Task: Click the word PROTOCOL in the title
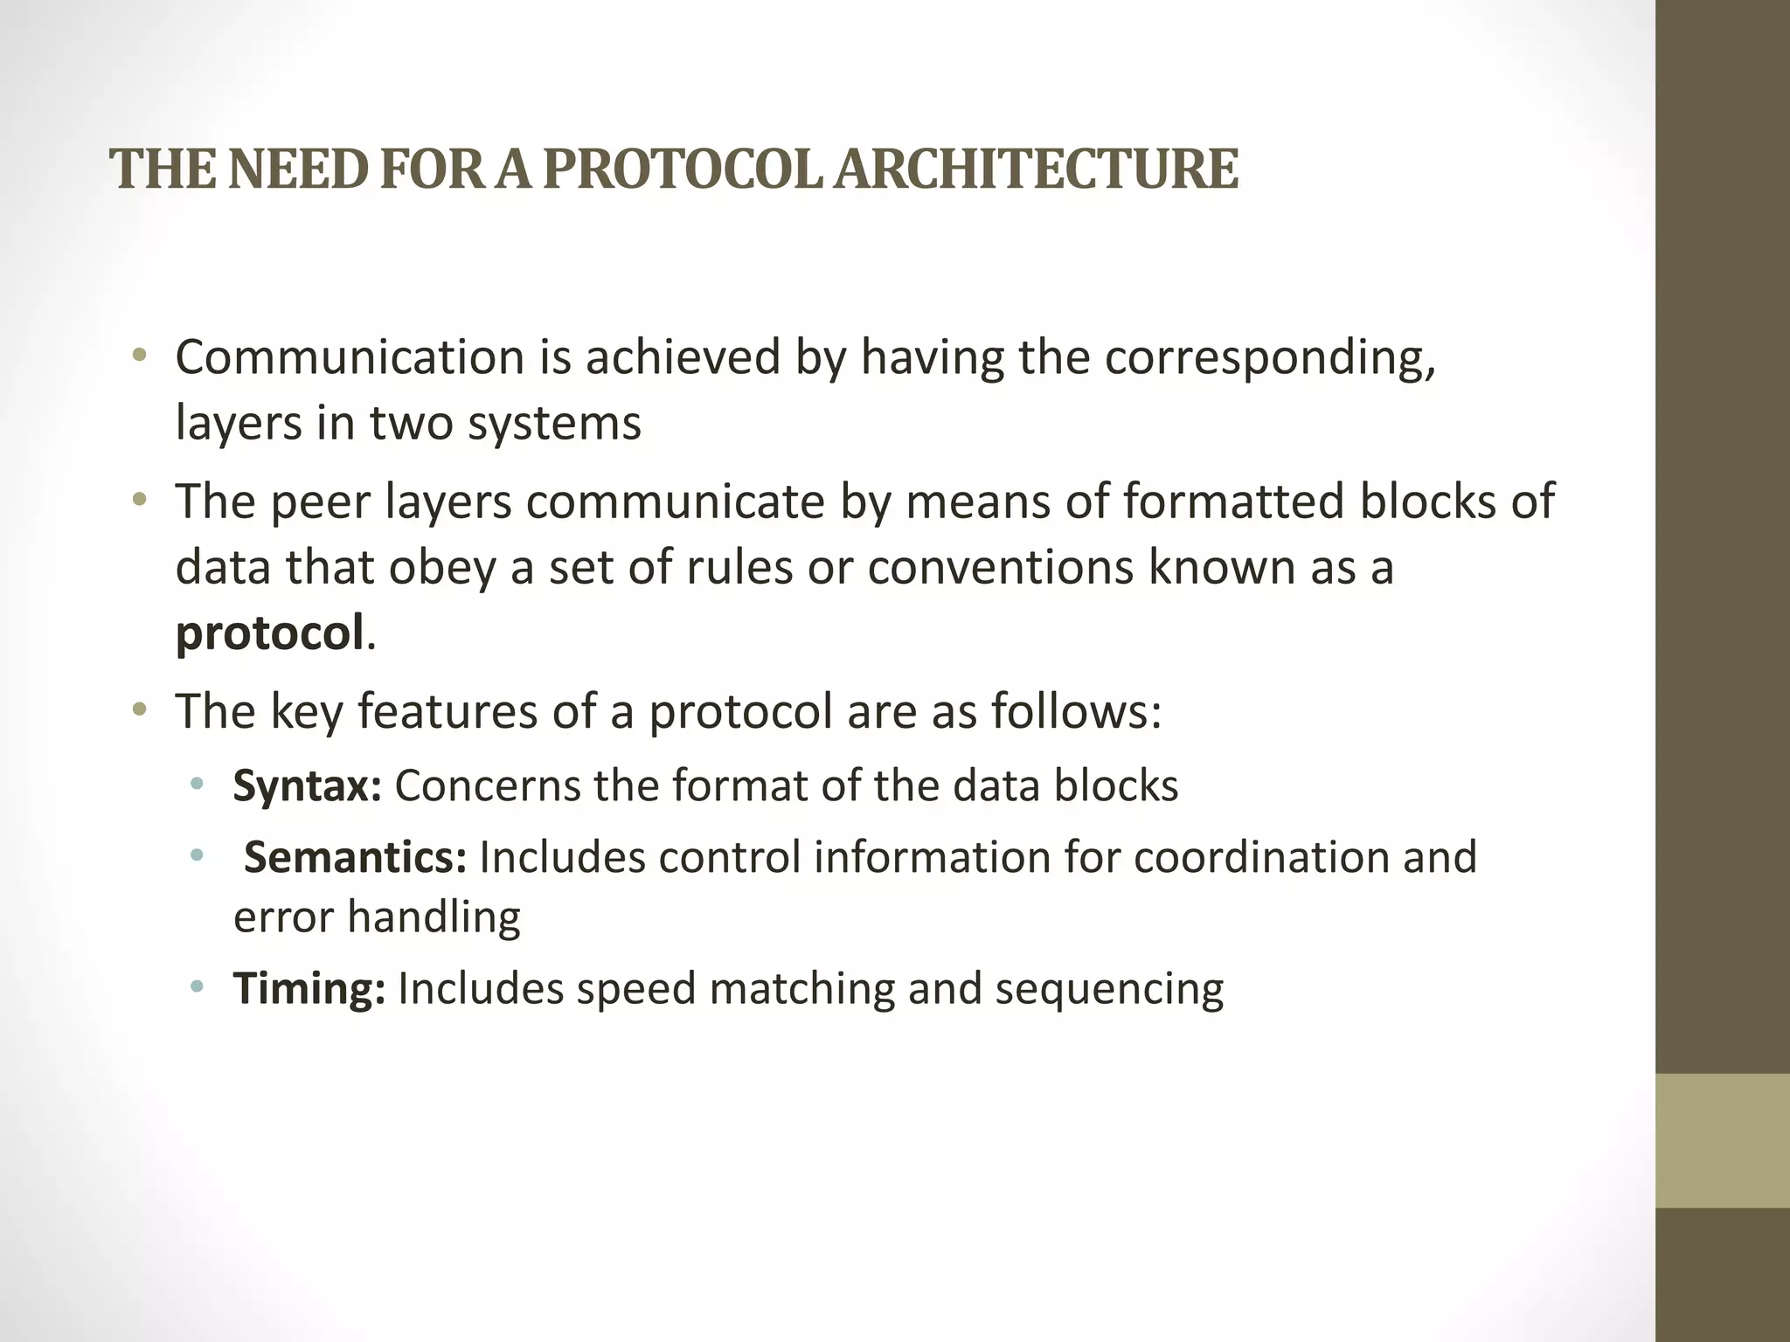click(682, 169)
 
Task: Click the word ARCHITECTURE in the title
click(1035, 169)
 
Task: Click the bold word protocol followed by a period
click(269, 633)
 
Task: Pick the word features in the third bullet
click(447, 711)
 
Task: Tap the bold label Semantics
click(355, 857)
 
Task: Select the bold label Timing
click(309, 989)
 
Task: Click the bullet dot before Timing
click(198, 988)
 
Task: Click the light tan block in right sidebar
click(1722, 1140)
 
